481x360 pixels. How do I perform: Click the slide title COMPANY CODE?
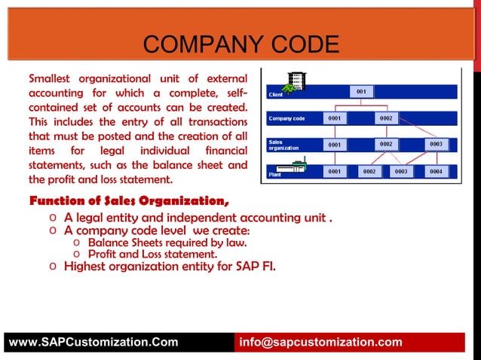coord(240,44)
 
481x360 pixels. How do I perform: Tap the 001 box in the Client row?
coord(362,92)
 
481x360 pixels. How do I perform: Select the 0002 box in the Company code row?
coord(386,118)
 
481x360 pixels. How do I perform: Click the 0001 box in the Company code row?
coord(335,118)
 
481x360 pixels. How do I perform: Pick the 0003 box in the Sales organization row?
coord(436,144)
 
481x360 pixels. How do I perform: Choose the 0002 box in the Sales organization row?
coord(386,144)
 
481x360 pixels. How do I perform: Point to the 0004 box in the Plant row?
coord(436,172)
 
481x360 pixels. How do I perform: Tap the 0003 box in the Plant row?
coord(401,172)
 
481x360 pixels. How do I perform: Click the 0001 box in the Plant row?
coord(335,172)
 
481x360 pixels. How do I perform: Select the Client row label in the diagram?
coord(276,95)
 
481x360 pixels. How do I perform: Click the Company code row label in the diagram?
coord(286,119)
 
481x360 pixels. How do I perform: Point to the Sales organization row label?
coord(283,145)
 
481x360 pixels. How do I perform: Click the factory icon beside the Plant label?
coord(290,167)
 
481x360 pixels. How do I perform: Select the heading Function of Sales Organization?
coord(129,201)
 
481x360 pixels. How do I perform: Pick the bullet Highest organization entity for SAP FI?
coord(170,266)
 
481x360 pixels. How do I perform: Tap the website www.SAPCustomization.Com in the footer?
coord(93,343)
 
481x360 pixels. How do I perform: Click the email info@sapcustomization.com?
coord(320,343)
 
